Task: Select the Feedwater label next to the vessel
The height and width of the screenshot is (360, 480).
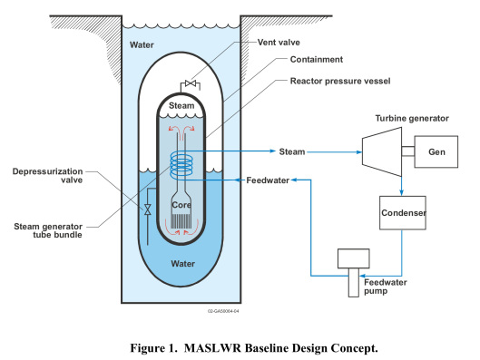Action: coord(269,180)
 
